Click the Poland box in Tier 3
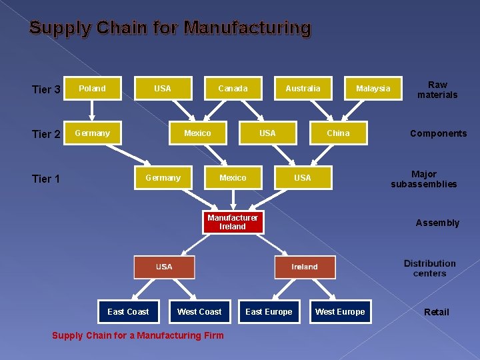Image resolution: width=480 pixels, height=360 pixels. [x=92, y=89]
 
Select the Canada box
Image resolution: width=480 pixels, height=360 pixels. [x=233, y=89]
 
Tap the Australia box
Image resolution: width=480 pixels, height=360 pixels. [x=303, y=89]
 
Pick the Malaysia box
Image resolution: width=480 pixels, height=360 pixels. [x=373, y=89]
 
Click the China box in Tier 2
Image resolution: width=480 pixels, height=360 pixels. [x=338, y=133]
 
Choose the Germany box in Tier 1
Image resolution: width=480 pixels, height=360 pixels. [x=163, y=178]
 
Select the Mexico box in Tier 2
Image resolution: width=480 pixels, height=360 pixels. [x=197, y=133]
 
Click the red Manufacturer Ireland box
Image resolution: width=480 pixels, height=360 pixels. [x=233, y=223]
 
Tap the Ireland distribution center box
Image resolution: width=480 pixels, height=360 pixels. [x=305, y=267]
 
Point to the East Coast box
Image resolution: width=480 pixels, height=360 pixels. [x=128, y=312]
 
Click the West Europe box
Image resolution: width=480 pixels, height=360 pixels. [x=340, y=312]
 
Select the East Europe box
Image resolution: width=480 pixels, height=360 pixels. [x=269, y=312]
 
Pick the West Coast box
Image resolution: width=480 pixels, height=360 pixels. [x=199, y=312]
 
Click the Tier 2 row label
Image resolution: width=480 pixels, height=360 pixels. [x=46, y=135]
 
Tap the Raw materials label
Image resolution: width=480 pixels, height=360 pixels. [x=437, y=90]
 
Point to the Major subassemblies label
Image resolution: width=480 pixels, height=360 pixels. [x=424, y=179]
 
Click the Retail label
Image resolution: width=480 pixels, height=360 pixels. [x=437, y=312]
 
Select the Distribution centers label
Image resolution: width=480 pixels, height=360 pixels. [x=430, y=268]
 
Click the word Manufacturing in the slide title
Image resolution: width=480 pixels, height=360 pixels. [x=247, y=28]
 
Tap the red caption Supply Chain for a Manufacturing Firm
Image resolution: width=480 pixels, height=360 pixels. [x=138, y=335]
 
